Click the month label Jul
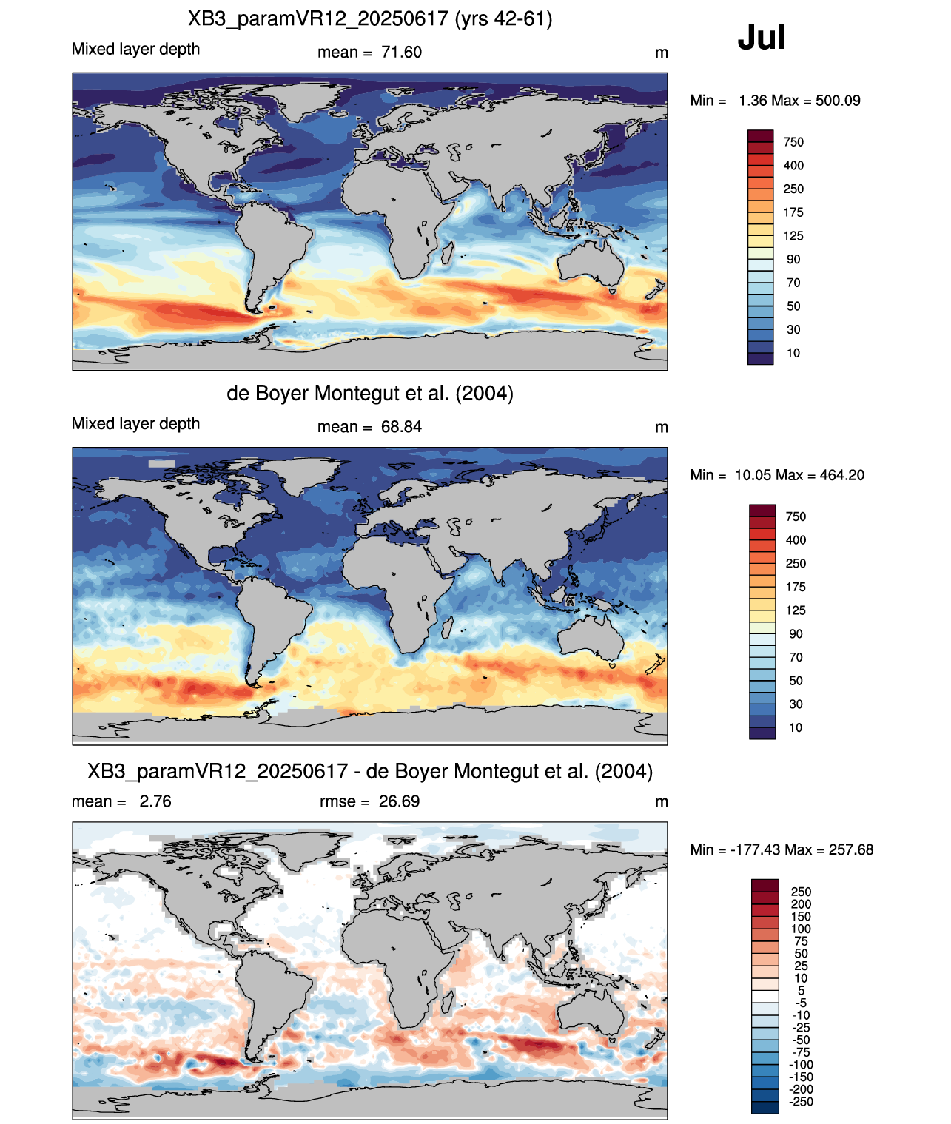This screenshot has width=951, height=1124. click(761, 37)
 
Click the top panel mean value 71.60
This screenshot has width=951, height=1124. click(401, 53)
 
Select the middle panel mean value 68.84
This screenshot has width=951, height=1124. click(401, 427)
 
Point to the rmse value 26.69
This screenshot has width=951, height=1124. click(399, 801)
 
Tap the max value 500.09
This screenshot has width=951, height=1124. click(838, 101)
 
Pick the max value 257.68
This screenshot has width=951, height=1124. click(851, 850)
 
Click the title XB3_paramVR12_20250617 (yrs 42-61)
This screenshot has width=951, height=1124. click(370, 19)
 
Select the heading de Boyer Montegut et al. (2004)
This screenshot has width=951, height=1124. click(370, 393)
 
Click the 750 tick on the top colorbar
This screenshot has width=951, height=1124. click(793, 143)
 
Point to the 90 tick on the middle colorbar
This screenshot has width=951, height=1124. click(796, 634)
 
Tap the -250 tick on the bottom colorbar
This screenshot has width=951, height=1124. click(801, 1103)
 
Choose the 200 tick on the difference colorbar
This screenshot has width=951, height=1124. click(801, 904)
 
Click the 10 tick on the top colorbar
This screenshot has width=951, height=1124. click(793, 354)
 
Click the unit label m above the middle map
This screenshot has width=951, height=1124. click(661, 428)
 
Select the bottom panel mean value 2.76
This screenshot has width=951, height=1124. click(155, 801)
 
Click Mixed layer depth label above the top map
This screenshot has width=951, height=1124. click(136, 50)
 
